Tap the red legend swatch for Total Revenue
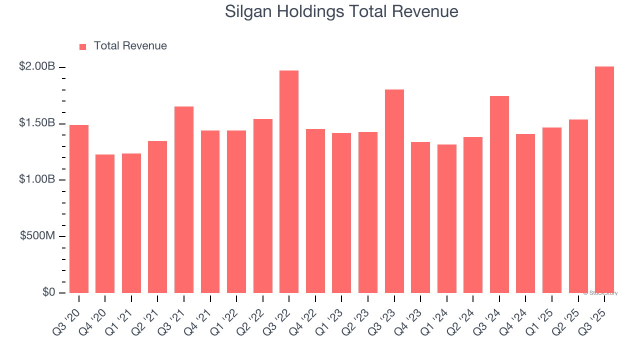click(x=83, y=46)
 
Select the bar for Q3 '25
click(x=604, y=180)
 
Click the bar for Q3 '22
click(x=289, y=182)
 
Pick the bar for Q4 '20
click(x=105, y=223)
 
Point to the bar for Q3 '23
click(x=394, y=191)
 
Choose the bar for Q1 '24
click(x=446, y=218)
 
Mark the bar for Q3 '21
click(x=184, y=200)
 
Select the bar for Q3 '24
click(x=499, y=194)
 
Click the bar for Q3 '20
click(x=79, y=209)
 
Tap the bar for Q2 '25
click(x=578, y=206)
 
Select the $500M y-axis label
click(x=37, y=235)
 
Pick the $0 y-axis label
click(x=48, y=292)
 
